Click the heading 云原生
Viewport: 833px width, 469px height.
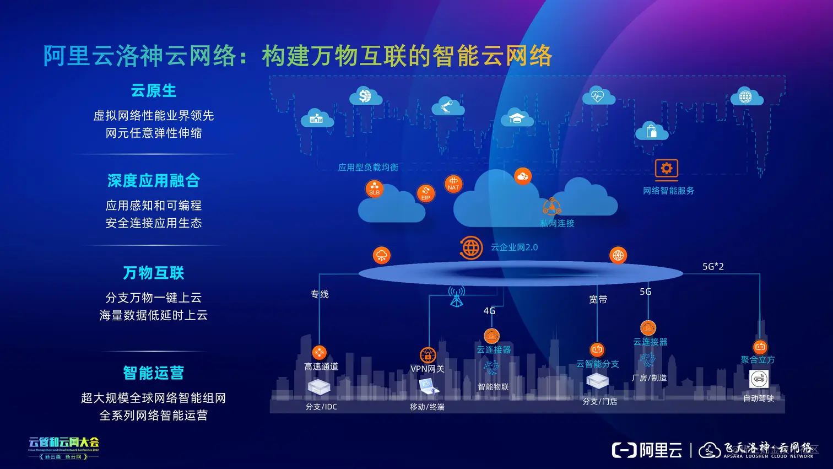click(153, 90)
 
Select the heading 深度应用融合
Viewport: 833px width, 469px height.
click(153, 180)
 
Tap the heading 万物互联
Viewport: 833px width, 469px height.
click(153, 273)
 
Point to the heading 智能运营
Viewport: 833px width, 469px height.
click(153, 373)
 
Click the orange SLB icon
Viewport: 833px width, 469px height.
click(375, 188)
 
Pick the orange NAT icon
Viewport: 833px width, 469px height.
click(453, 184)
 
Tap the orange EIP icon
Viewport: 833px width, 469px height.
click(426, 193)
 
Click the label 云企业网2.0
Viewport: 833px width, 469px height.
click(514, 247)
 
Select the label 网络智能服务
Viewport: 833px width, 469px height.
click(668, 191)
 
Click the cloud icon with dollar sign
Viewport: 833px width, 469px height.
click(365, 96)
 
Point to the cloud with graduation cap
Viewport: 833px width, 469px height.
click(516, 118)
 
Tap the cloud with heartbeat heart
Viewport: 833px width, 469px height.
click(598, 96)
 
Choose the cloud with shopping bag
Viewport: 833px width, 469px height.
click(651, 131)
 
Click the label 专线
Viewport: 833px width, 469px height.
click(320, 294)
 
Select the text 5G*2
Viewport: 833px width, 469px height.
click(713, 267)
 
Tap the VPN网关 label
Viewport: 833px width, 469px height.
click(427, 369)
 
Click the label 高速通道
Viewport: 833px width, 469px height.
click(321, 366)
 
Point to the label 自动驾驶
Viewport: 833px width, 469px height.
click(758, 398)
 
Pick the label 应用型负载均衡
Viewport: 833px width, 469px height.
click(368, 168)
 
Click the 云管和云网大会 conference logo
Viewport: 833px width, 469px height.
click(64, 447)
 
